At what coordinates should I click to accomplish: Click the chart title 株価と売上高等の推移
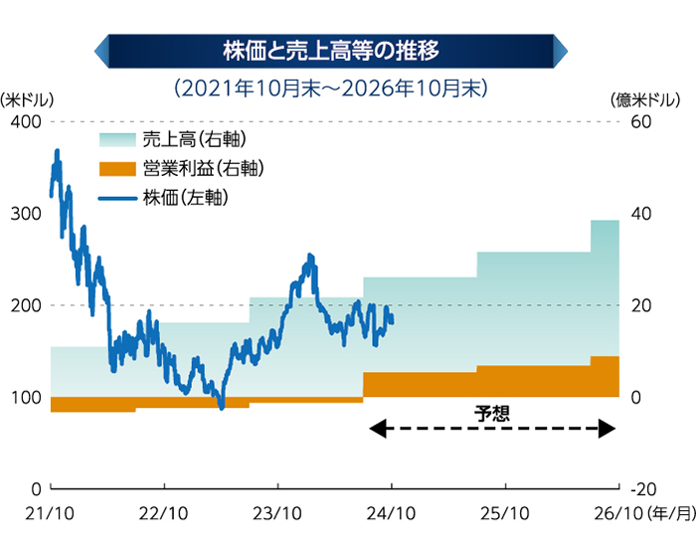331,47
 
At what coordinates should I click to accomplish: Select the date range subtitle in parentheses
331,88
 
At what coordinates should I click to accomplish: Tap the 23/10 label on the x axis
277,514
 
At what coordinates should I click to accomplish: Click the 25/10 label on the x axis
505,514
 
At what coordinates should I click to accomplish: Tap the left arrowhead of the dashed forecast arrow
376,430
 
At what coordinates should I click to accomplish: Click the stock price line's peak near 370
57,151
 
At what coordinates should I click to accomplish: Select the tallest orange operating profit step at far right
605,376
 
